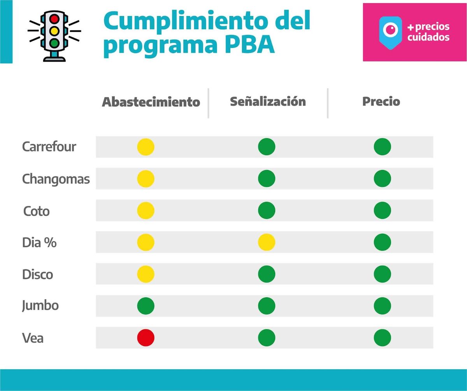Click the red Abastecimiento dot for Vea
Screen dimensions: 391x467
click(146, 338)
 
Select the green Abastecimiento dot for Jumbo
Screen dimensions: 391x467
click(146, 306)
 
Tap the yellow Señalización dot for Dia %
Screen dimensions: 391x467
click(267, 242)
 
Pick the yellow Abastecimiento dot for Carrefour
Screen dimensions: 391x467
click(146, 147)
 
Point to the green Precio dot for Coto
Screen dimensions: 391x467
click(382, 210)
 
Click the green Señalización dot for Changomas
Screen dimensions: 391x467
click(267, 179)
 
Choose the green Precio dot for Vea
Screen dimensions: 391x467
click(382, 338)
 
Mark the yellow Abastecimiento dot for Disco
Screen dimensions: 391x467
click(146, 274)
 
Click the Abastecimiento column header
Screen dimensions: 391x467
click(151, 102)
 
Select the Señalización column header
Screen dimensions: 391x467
click(268, 102)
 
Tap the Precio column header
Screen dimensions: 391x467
click(381, 102)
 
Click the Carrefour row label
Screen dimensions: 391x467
click(49, 147)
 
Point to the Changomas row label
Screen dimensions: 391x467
click(56, 179)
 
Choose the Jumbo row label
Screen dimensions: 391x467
click(40, 306)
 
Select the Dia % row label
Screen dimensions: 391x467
click(39, 243)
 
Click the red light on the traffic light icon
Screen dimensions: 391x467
click(54, 18)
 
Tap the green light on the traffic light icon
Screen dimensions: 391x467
click(54, 42)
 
